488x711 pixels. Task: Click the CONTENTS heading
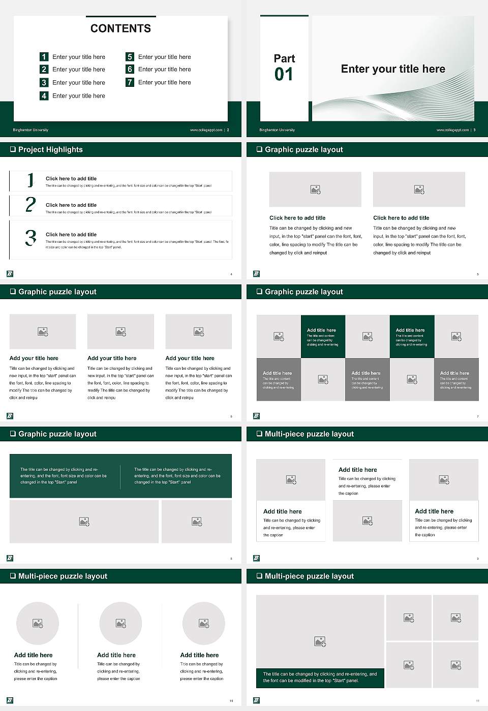(x=120, y=28)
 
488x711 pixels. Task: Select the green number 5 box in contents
(x=130, y=57)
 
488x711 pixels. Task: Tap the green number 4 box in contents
(x=44, y=95)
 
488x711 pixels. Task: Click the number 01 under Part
(x=284, y=75)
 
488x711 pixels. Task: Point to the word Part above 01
(x=284, y=58)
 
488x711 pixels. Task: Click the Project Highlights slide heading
(x=50, y=149)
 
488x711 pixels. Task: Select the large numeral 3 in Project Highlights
(x=30, y=238)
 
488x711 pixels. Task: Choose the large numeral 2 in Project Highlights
(x=30, y=204)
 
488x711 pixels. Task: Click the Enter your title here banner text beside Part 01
(x=392, y=69)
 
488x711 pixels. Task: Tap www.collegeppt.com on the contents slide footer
(x=206, y=130)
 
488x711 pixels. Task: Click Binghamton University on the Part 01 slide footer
(x=277, y=130)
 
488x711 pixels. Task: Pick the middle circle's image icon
(x=120, y=623)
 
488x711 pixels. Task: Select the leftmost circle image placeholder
(x=37, y=623)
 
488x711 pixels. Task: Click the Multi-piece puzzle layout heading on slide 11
(x=309, y=576)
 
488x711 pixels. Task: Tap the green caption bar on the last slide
(x=320, y=677)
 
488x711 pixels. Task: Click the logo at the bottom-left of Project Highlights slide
(x=10, y=274)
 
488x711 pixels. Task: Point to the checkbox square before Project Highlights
(x=13, y=149)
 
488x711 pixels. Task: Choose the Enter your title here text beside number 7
(x=164, y=82)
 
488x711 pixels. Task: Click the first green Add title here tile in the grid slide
(x=323, y=336)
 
